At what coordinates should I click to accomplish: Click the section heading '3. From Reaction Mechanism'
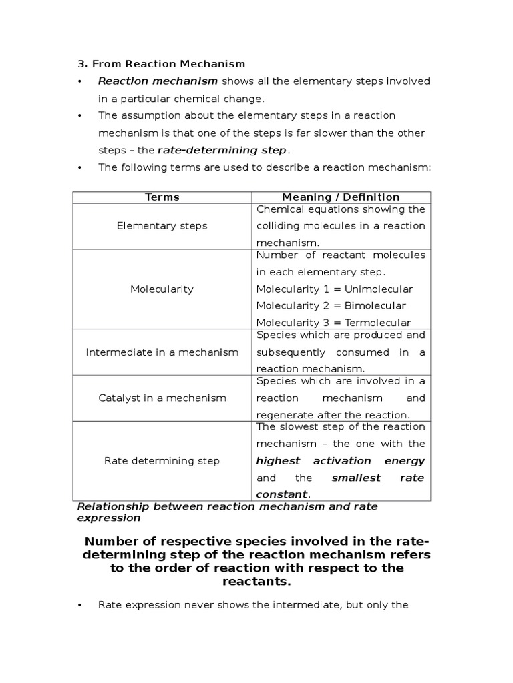coord(162,64)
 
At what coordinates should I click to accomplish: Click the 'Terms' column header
coord(162,197)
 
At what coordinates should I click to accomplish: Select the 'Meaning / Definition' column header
coord(341,197)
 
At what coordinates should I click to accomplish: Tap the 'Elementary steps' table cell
coord(162,226)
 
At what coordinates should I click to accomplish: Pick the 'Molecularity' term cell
coord(162,289)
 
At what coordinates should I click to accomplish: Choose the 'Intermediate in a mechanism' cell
coord(162,352)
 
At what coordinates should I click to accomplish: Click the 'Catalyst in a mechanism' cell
coord(162,398)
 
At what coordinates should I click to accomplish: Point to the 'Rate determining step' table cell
coord(162,461)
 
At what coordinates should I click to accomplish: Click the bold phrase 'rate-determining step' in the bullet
coord(221,151)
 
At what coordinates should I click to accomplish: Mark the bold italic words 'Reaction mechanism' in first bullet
coord(158,81)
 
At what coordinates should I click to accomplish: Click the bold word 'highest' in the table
coord(277,461)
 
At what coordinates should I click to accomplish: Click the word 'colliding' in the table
coord(278,226)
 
